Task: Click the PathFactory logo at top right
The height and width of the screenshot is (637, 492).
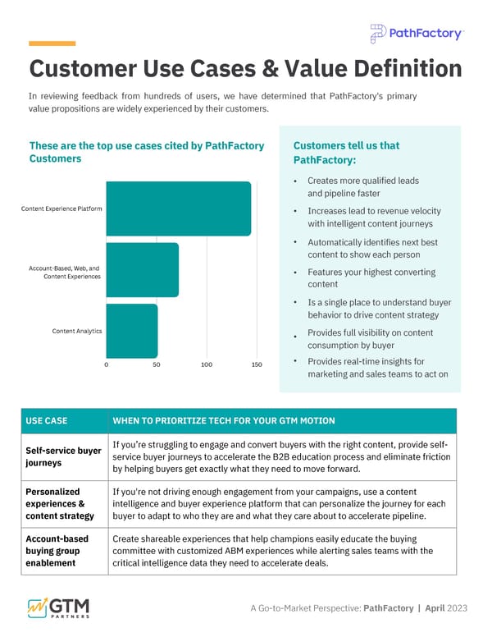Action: (417, 34)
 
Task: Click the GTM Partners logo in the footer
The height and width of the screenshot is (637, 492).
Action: (59, 607)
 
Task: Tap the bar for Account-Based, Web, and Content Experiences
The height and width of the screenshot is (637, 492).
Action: (143, 270)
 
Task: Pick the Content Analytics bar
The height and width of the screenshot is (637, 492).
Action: (132, 331)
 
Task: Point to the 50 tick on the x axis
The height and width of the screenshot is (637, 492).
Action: (157, 364)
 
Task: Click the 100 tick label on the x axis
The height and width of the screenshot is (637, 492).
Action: (207, 364)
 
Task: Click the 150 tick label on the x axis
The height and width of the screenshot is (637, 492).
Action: (257, 364)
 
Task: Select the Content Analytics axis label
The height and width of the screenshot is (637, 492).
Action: (77, 331)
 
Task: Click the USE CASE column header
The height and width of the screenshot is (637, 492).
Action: (47, 421)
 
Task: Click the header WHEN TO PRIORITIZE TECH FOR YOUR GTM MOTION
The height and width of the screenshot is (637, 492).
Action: (223, 421)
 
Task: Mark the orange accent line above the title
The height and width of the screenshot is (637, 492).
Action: (52, 43)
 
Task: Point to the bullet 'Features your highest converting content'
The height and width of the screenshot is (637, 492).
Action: (371, 278)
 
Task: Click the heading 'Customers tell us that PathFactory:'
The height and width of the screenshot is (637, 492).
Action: (346, 152)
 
